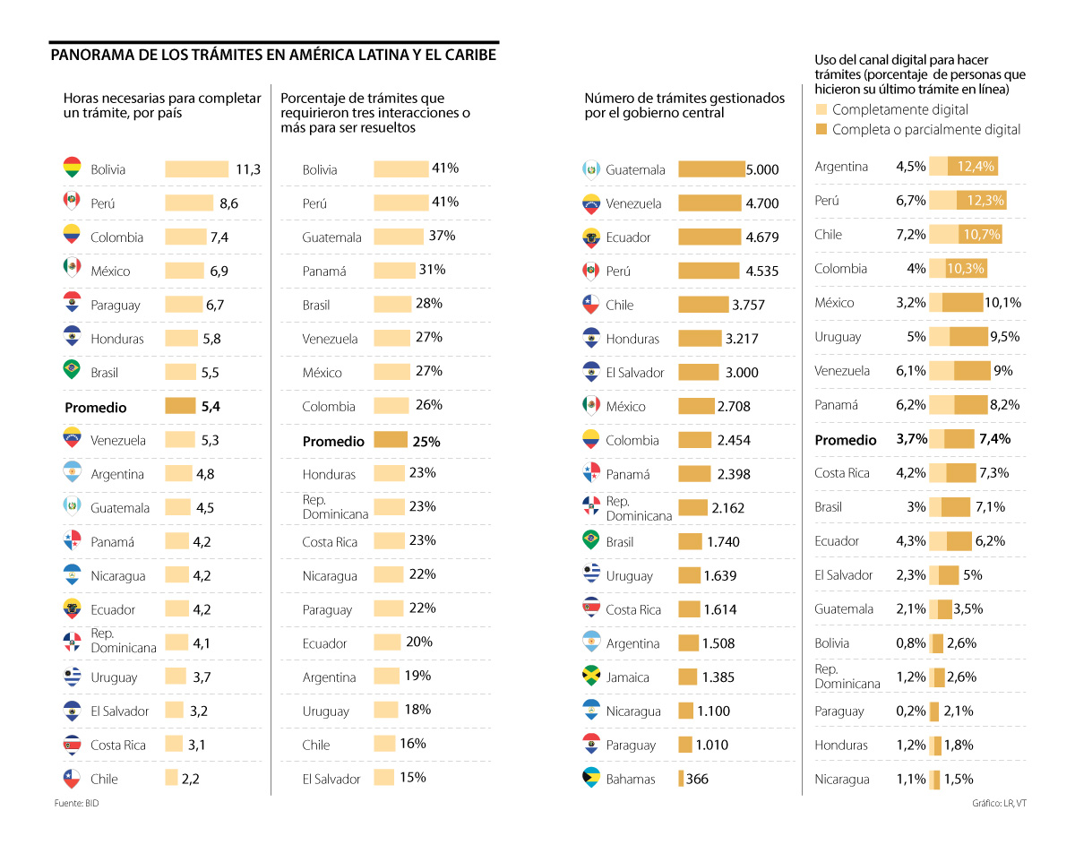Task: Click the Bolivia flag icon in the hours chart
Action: click(73, 168)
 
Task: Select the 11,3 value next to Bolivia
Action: click(248, 169)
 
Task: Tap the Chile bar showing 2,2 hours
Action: click(171, 778)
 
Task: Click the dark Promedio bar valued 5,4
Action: click(180, 406)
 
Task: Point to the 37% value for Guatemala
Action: click(442, 236)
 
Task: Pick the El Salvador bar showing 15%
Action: click(383, 777)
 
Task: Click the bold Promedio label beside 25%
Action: click(333, 441)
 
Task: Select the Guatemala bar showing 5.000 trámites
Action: click(711, 169)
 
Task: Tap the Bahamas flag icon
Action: click(590, 778)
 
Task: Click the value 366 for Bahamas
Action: click(697, 779)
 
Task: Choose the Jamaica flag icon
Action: click(590, 677)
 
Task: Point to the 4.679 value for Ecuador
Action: click(762, 237)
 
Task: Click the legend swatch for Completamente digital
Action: click(821, 109)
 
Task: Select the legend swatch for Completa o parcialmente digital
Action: click(821, 129)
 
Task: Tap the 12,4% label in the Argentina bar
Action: click(975, 166)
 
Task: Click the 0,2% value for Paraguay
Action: click(911, 711)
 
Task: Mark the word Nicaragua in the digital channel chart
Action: click(842, 779)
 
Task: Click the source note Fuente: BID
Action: click(76, 803)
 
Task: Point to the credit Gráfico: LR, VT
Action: click(999, 803)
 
